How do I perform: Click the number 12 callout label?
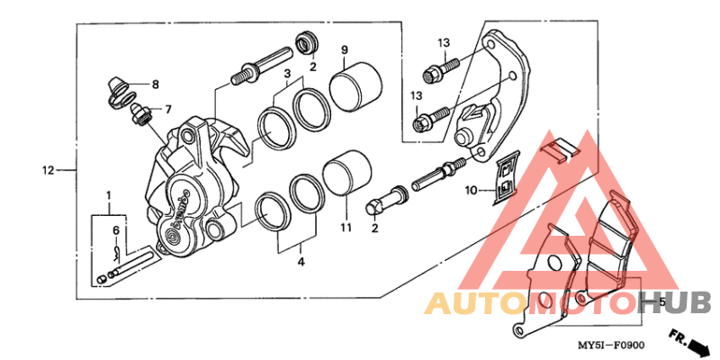click(48, 170)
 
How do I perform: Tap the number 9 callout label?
click(344, 49)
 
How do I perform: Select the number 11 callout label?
click(345, 229)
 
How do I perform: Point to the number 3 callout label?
click(286, 73)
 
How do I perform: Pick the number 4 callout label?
click(301, 262)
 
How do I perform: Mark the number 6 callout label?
click(166, 110)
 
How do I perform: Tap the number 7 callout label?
click(155, 85)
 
